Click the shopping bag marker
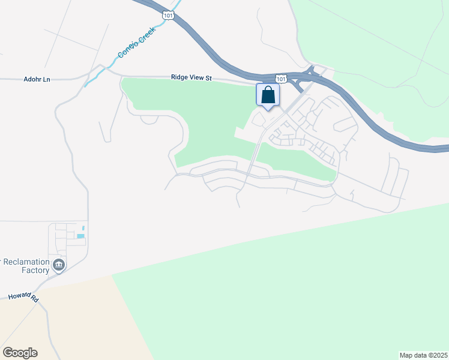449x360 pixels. click(x=268, y=95)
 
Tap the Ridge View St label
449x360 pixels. click(x=191, y=77)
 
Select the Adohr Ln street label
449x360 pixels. click(x=37, y=79)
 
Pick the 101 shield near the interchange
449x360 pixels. click(x=281, y=79)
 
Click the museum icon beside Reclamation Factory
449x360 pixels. click(x=58, y=265)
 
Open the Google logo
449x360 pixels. click(x=20, y=353)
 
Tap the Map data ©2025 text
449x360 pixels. click(x=423, y=355)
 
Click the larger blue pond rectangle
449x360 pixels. click(x=80, y=236)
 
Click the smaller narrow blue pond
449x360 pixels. click(x=83, y=227)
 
